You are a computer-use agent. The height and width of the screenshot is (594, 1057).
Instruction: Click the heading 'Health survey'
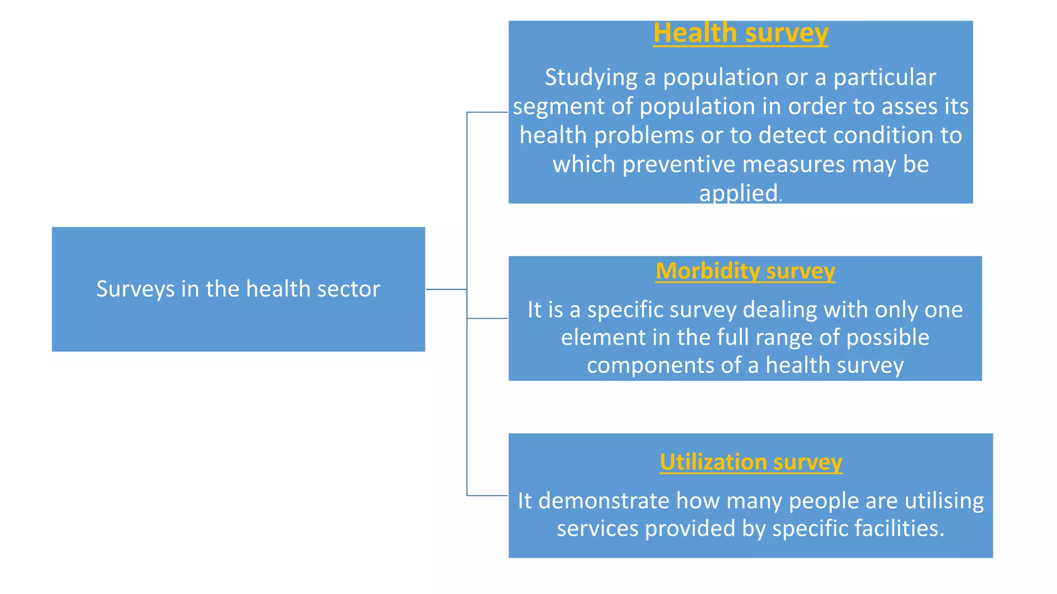(741, 33)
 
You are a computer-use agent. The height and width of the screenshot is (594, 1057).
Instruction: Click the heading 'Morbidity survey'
(745, 271)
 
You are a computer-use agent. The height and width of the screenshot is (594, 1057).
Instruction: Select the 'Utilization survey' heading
(750, 462)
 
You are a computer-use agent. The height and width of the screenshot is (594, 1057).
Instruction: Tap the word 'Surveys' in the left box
(136, 289)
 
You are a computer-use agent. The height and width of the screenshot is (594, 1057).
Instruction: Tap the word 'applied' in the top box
(739, 193)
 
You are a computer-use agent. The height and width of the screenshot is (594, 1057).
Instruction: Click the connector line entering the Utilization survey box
(487, 496)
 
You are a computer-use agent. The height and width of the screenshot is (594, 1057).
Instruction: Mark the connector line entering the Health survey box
(487, 112)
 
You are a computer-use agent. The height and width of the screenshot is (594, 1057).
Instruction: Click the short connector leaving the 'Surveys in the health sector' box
(446, 289)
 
